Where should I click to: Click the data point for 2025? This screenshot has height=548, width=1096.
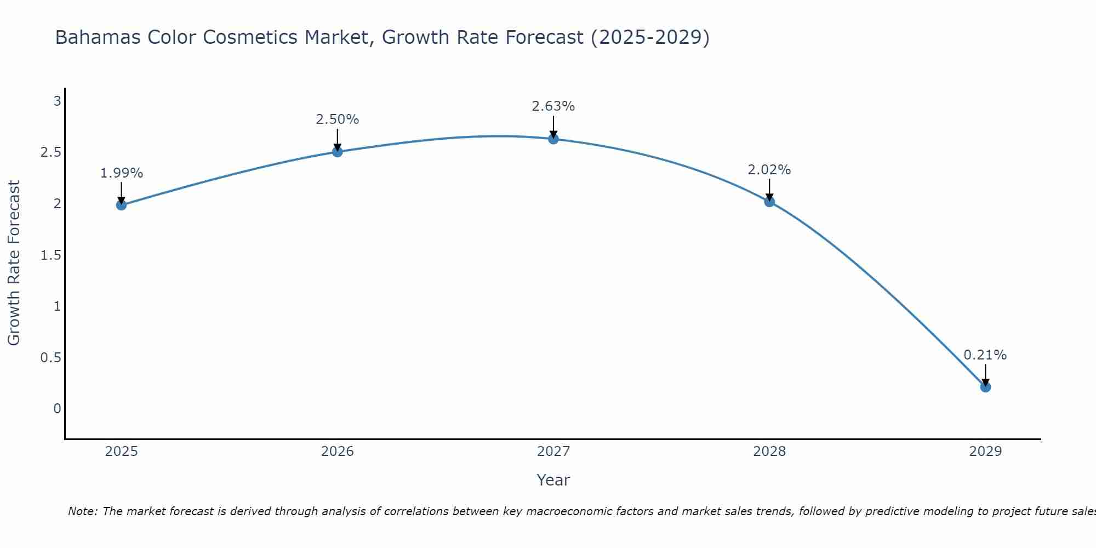121,205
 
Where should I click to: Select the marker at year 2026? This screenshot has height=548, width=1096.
338,152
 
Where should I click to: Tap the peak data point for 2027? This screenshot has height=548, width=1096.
553,139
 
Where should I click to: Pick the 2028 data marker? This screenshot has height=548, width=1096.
769,202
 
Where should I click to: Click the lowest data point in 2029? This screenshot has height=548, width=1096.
985,387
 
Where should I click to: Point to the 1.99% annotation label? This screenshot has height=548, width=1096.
121,173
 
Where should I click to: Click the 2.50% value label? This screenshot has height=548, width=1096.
338,119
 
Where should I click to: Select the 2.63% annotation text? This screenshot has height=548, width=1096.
553,106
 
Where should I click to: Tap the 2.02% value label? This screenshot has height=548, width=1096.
769,170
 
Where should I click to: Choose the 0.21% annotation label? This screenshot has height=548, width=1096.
985,355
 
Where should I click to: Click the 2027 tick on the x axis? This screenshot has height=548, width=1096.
553,452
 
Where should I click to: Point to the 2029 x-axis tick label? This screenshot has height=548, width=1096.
985,452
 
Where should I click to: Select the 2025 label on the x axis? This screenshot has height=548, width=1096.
121,452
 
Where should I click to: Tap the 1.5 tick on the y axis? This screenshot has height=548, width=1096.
50,255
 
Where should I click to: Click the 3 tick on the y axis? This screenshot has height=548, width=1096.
56,101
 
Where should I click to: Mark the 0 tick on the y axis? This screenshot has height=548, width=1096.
57,409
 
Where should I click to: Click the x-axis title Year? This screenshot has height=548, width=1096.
553,480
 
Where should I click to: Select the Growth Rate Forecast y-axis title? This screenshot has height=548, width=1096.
14,263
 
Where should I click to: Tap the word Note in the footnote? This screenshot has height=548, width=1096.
82,511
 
